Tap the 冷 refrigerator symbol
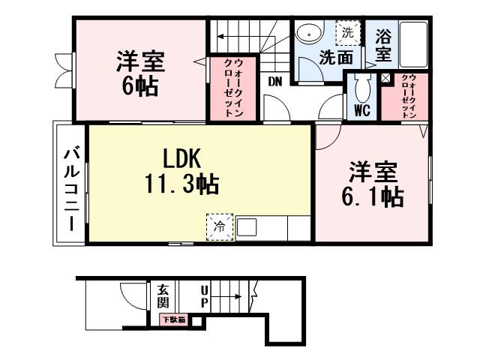click(x=220, y=227)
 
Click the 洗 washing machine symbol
click(x=346, y=33)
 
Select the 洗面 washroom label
click(x=335, y=58)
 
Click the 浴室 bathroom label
click(x=382, y=45)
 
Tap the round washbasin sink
click(x=307, y=34)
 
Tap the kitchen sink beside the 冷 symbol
click(x=247, y=227)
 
